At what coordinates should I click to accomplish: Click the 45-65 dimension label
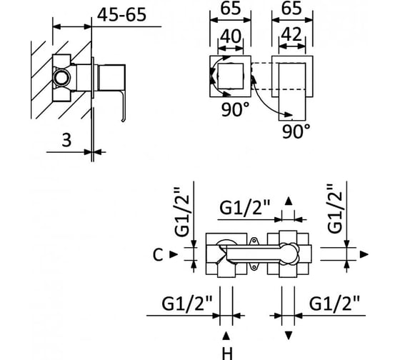121,15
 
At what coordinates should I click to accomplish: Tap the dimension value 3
66,140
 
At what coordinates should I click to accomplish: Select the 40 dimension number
231,36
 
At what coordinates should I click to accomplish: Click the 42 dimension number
292,35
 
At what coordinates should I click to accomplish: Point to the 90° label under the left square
235,110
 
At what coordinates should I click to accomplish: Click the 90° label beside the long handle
296,131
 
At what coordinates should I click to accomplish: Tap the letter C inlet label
158,255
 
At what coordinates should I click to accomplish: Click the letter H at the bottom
227,354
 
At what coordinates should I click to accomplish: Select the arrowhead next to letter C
174,254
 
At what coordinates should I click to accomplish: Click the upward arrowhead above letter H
226,336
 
